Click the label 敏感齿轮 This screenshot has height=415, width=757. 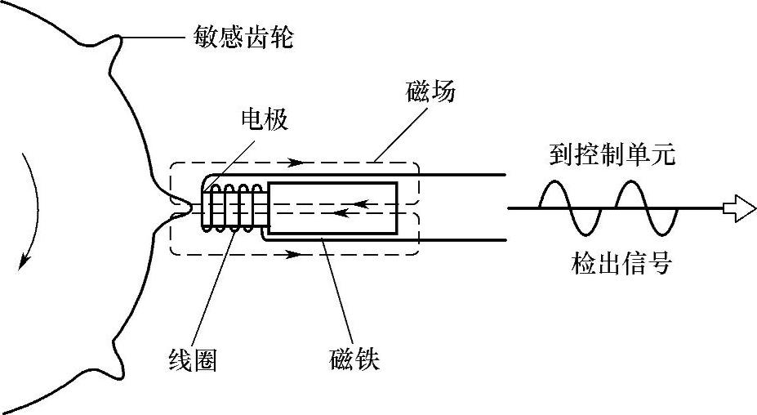point(243,36)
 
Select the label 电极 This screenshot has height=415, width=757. point(264,119)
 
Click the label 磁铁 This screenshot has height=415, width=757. point(354,359)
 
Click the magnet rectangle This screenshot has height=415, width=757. point(333,208)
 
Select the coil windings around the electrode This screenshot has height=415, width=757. point(234,208)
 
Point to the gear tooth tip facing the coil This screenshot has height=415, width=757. point(189,209)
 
